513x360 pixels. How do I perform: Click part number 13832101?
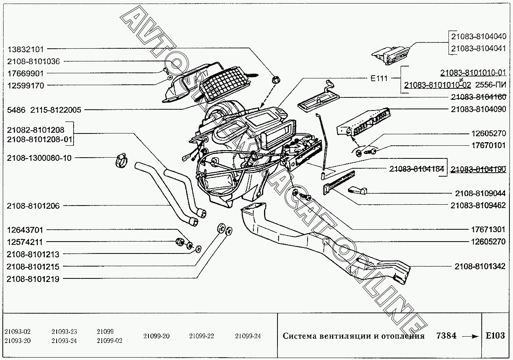[26, 49]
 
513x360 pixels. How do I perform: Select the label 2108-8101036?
[33, 61]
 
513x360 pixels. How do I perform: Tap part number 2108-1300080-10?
[39, 158]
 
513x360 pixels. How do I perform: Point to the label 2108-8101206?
[33, 206]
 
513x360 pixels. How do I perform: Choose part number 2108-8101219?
[33, 279]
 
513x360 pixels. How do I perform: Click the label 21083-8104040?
[478, 36]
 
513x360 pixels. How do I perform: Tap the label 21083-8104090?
[478, 109]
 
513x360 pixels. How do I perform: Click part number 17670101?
[488, 145]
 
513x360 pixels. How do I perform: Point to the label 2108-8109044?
[480, 193]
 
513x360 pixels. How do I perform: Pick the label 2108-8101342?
[480, 266]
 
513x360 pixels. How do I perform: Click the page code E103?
[495, 336]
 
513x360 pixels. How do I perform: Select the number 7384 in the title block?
[446, 336]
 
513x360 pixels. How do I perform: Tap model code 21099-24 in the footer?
[248, 336]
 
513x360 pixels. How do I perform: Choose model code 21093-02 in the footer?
[17, 332]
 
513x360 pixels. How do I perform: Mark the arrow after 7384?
[470, 336]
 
